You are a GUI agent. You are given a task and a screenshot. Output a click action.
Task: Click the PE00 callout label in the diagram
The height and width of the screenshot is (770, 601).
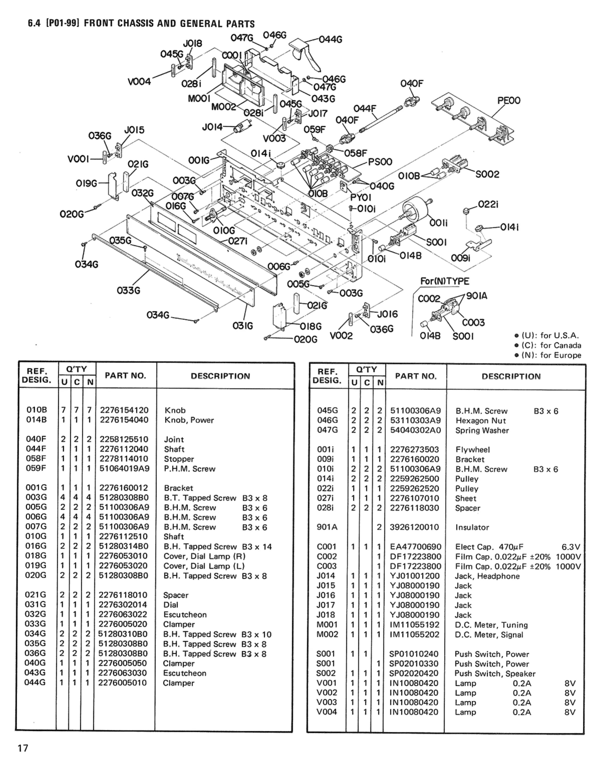pos(509,101)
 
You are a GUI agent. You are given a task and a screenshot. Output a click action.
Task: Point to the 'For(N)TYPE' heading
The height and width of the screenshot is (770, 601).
pos(445,281)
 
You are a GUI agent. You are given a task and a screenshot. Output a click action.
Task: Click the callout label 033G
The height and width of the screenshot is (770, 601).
pos(128,290)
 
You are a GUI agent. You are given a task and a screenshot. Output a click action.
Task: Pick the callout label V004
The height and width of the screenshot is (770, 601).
pos(139,82)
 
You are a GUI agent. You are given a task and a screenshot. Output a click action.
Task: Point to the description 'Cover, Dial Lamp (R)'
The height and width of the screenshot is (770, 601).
pos(204,556)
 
